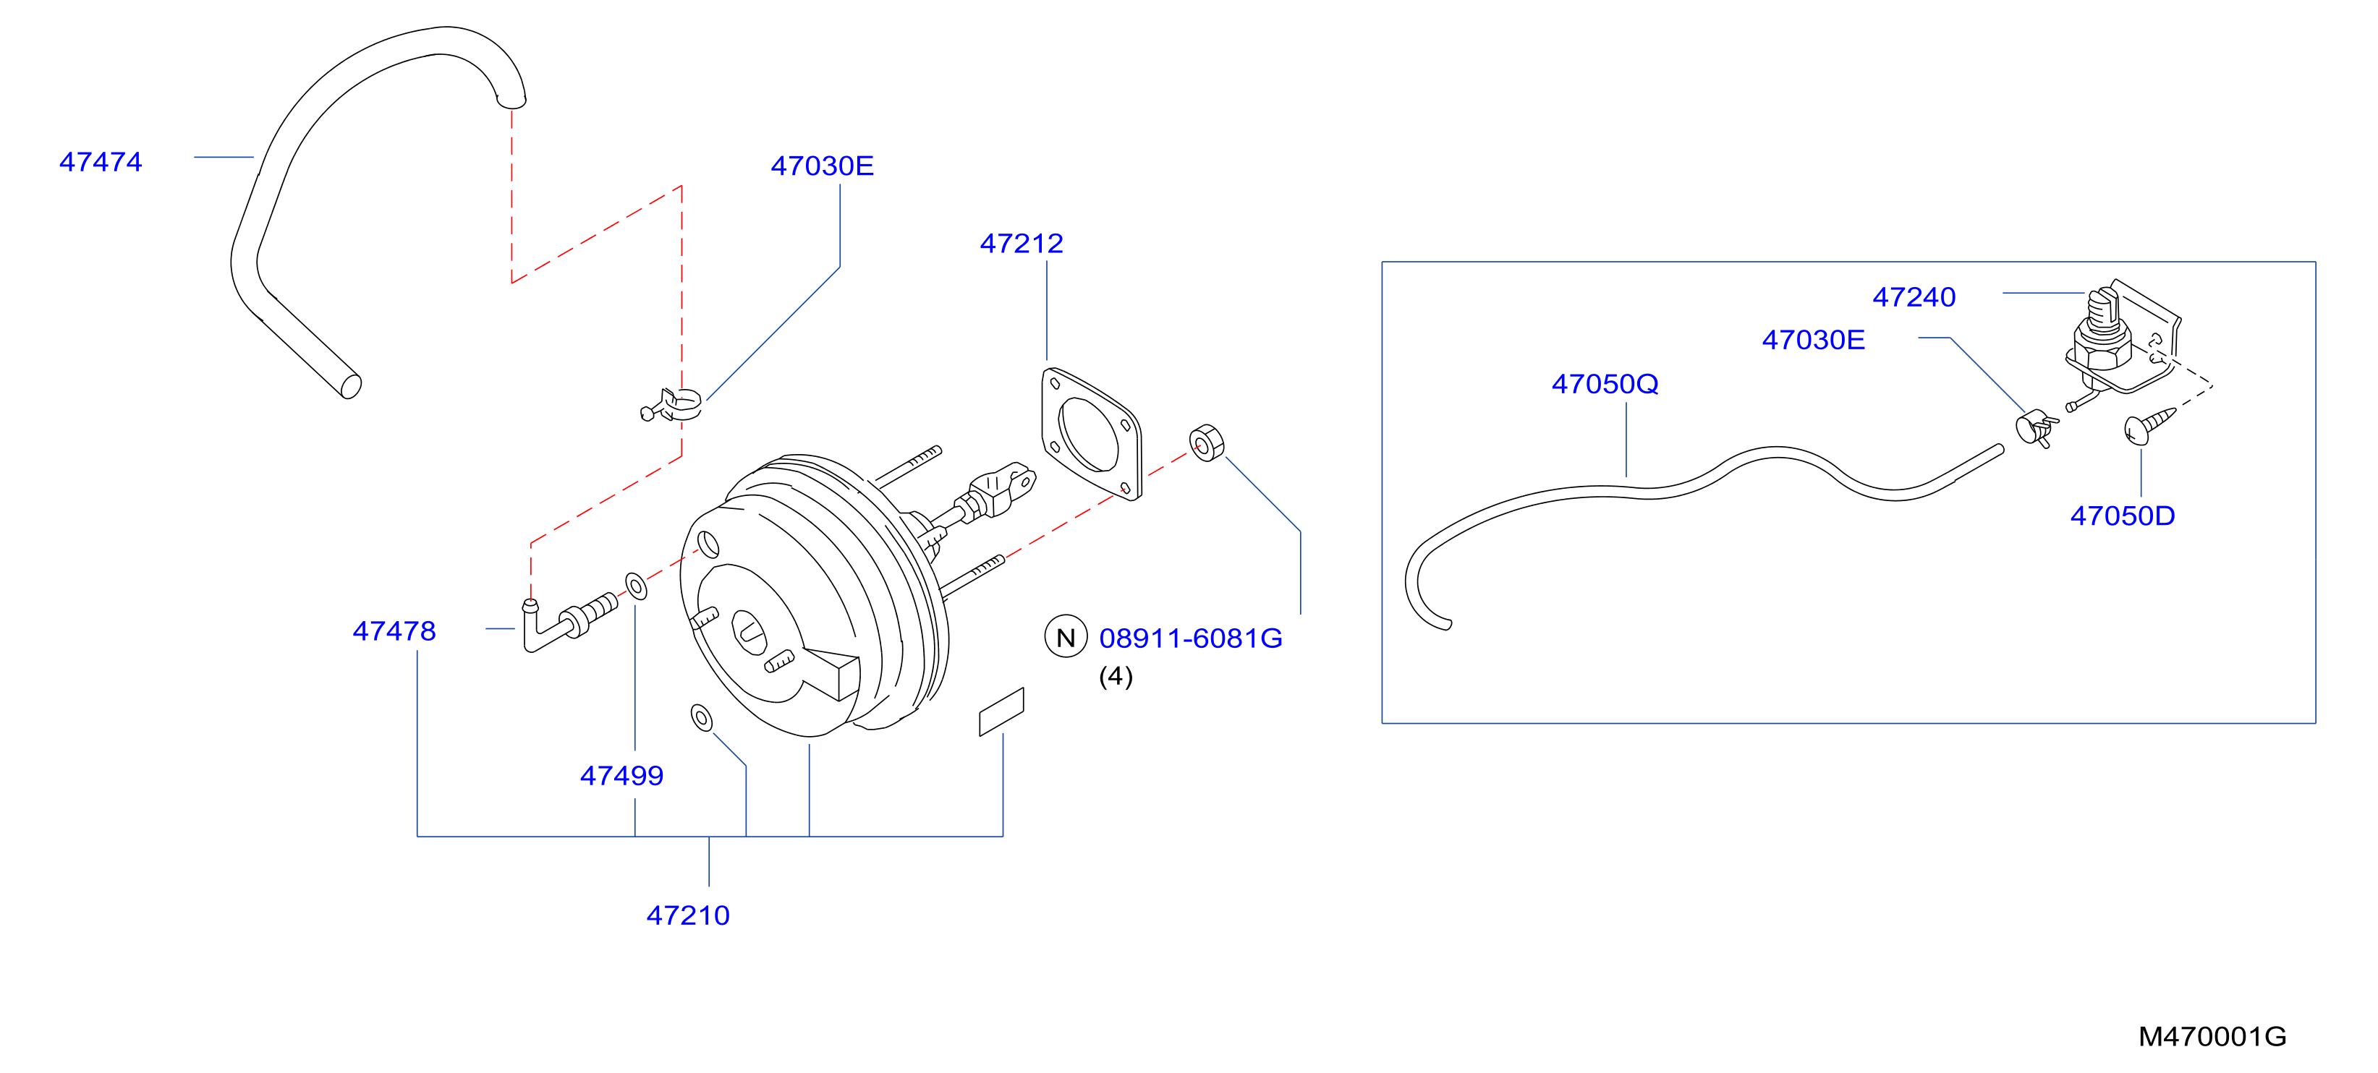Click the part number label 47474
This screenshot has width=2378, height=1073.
click(x=101, y=163)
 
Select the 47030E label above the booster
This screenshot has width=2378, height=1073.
click(x=822, y=166)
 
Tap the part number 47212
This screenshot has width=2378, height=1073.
click(x=1021, y=244)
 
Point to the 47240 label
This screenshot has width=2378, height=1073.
click(x=1914, y=297)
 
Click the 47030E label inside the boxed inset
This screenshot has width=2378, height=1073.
click(x=1813, y=341)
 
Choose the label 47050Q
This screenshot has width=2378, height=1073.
click(x=1605, y=384)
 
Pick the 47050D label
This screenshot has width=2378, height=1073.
click(x=2123, y=516)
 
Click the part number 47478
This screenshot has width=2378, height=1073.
click(x=394, y=631)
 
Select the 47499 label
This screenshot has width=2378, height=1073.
click(x=621, y=776)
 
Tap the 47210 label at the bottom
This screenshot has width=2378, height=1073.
click(x=688, y=916)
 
